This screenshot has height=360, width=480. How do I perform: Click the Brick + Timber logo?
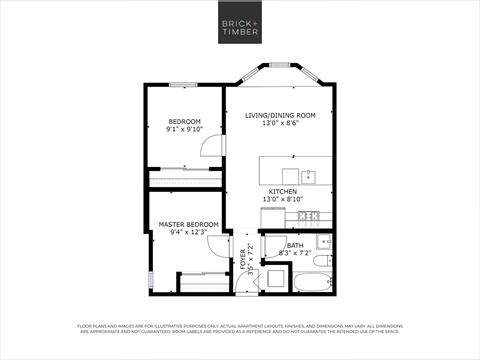[239, 23]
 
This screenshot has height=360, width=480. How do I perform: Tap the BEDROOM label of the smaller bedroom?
[184, 121]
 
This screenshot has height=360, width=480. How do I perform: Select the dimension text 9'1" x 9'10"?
[184, 129]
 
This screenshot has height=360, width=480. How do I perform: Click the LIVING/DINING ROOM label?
[280, 115]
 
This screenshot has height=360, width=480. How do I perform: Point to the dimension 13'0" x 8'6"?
[280, 123]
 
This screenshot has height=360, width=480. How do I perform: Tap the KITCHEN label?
[281, 191]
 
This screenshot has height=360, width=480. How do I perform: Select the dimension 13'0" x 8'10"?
[281, 199]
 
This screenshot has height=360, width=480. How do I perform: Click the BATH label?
[295, 245]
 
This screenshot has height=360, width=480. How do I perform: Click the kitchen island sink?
[309, 176]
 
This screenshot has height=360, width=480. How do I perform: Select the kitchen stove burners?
[310, 216]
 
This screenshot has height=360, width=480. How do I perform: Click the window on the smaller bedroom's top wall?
[181, 84]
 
